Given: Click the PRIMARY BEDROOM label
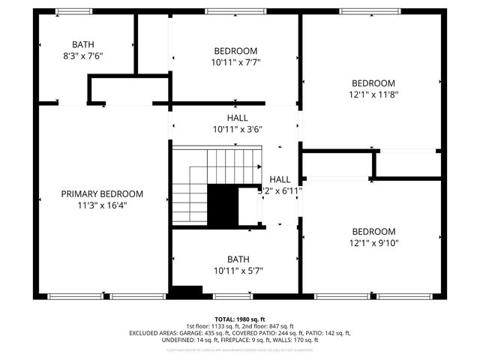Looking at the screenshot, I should (102, 193).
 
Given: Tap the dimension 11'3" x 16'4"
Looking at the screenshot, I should (102, 205).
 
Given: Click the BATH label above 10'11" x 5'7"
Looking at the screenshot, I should (238, 259).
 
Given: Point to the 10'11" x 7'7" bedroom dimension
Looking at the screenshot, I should (237, 62).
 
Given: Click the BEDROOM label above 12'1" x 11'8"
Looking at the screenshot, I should (373, 83).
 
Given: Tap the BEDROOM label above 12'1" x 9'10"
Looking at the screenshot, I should (373, 232).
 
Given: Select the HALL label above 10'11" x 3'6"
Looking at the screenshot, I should (237, 118).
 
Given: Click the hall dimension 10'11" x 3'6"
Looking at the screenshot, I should (237, 129).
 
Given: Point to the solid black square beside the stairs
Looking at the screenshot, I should (222, 206).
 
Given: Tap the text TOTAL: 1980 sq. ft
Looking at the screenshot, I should (240, 319).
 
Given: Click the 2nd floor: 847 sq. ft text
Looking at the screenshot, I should (271, 326).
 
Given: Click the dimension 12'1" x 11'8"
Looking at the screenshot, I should (373, 94).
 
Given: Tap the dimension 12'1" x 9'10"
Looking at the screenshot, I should (373, 243).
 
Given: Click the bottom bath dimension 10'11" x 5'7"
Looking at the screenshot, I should (238, 271).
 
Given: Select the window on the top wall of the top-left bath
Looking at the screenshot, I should (73, 11).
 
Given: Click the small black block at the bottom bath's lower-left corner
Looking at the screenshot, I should (187, 290).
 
